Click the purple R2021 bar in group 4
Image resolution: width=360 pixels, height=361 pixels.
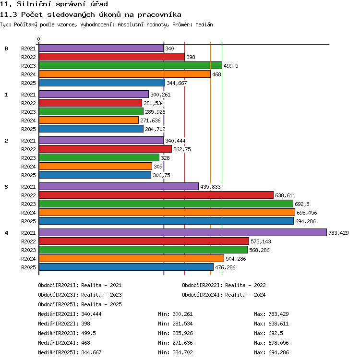(x=183, y=232)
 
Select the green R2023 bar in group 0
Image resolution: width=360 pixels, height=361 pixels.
(x=131, y=65)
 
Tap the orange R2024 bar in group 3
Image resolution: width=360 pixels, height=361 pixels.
(x=167, y=212)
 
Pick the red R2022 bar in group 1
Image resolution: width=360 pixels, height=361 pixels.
(x=90, y=103)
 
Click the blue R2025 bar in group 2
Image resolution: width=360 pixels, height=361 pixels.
(x=95, y=175)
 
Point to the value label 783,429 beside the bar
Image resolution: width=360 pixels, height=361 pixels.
(x=338, y=233)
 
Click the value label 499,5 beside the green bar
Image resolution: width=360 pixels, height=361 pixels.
(x=231, y=66)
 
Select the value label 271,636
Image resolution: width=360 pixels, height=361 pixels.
(x=150, y=120)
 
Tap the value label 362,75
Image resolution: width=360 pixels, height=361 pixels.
(x=182, y=149)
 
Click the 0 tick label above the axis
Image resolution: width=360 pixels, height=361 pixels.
(x=38, y=39)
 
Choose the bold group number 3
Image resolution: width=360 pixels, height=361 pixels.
(x=6, y=187)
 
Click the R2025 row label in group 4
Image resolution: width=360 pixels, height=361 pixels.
(x=28, y=267)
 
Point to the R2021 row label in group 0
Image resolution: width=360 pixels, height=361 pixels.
(x=28, y=48)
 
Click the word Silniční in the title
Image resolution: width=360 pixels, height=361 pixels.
(x=34, y=4)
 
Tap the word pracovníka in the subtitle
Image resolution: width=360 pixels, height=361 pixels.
(x=159, y=15)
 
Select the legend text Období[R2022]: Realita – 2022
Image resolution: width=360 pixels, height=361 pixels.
(x=224, y=285)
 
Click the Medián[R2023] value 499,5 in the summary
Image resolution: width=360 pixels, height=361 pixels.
(x=88, y=333)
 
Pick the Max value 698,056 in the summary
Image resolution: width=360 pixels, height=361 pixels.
(x=278, y=343)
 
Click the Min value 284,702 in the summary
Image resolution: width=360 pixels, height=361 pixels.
(x=182, y=352)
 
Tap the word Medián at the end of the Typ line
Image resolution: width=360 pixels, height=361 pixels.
(x=204, y=24)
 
